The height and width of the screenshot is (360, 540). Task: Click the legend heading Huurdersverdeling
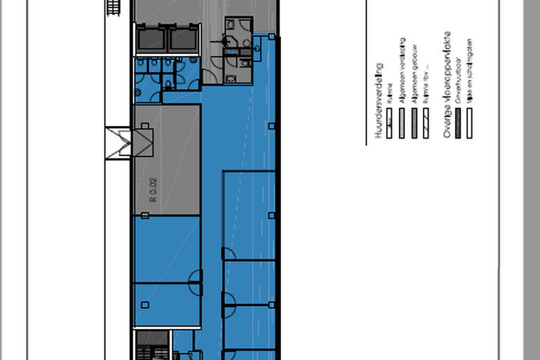(379, 101)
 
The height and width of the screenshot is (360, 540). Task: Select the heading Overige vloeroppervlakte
(448, 85)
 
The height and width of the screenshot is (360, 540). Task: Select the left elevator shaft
(152, 37)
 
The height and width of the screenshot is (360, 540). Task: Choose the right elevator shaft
(183, 37)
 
